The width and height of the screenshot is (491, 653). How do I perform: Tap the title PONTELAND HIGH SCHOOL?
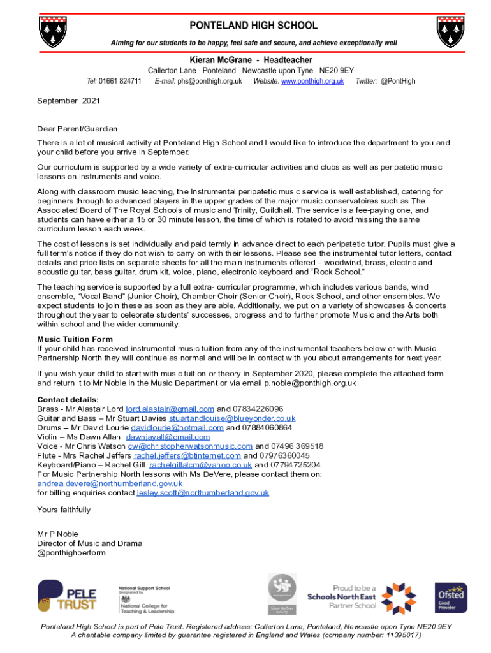pyautogui.click(x=253, y=26)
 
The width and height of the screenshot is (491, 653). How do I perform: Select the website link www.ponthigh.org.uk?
pyautogui.click(x=312, y=81)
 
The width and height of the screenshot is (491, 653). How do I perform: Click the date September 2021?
pyautogui.click(x=68, y=101)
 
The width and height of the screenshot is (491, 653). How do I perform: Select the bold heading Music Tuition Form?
pyautogui.click(x=75, y=339)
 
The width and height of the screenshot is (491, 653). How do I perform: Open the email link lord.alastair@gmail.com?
pyautogui.click(x=170, y=409)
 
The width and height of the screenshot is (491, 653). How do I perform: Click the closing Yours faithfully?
pyautogui.click(x=64, y=510)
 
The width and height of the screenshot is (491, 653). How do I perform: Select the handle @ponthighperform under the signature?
pyautogui.click(x=71, y=553)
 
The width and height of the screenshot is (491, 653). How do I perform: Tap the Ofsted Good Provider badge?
pyautogui.click(x=451, y=598)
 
